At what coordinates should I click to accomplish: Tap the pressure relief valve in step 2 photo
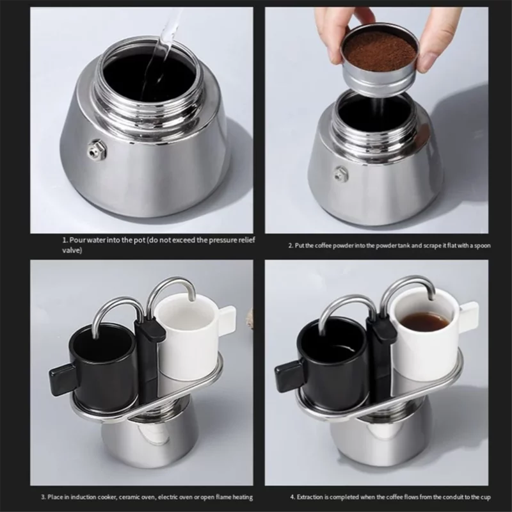coord(341,174)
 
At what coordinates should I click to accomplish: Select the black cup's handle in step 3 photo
coord(63,380)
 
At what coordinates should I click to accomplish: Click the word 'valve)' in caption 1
coord(72,250)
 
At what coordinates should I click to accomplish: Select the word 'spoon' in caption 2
coord(483,246)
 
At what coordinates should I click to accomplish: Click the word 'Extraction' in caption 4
coord(310,497)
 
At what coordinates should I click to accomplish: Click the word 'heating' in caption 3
coord(243,497)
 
